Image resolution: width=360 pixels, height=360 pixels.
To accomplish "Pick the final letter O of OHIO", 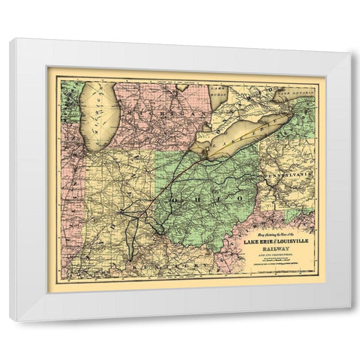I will click(239, 196).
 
